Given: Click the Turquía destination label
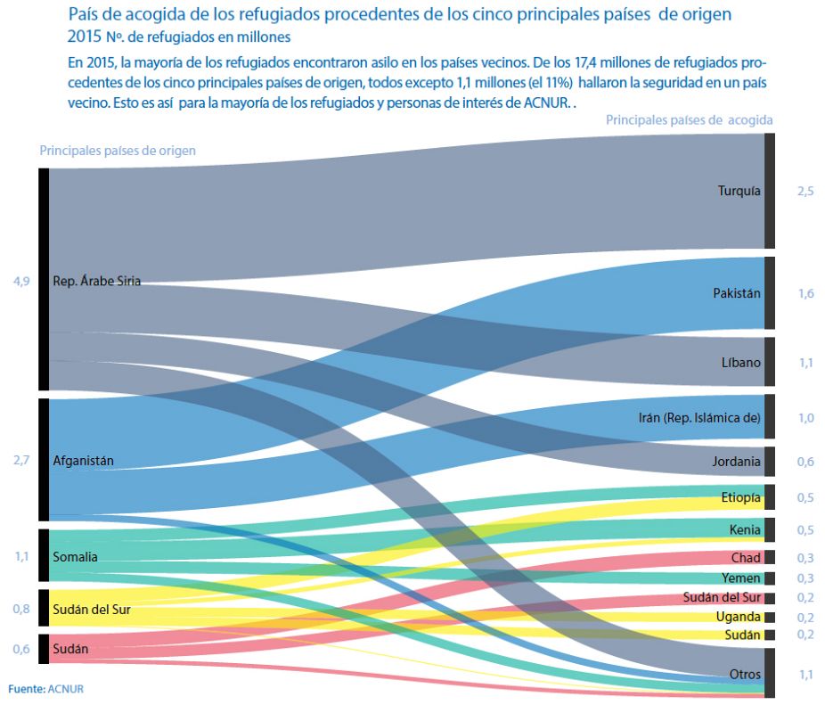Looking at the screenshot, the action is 739,191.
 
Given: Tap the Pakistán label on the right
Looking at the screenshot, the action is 737,293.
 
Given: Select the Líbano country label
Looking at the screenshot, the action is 741,362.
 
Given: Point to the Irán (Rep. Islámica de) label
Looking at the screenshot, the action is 699,418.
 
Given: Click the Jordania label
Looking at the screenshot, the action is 736,462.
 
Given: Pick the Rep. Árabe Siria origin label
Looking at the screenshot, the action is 97,281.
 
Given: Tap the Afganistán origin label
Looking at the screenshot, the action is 83,461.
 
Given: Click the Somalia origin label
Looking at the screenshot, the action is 75,557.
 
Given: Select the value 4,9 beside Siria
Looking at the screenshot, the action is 21,282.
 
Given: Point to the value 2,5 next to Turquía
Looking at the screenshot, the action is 805,191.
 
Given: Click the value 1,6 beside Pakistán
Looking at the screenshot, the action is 806,293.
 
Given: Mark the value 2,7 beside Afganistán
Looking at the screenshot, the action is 21,461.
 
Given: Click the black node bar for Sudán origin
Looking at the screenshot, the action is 44,649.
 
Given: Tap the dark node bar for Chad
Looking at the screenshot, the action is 770,557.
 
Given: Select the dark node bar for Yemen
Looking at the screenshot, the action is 770,578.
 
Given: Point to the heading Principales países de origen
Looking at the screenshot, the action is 118,151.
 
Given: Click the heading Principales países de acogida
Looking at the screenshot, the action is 690,120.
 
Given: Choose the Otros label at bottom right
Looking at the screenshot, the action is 745,674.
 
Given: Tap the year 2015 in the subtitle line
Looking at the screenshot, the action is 85,37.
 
